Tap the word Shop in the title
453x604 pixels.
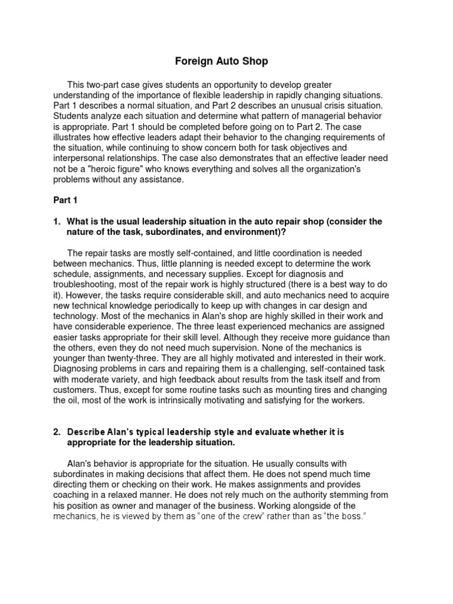click(255, 61)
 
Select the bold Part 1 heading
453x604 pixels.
click(65, 200)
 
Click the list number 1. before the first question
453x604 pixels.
click(57, 221)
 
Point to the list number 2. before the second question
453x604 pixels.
click(57, 432)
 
